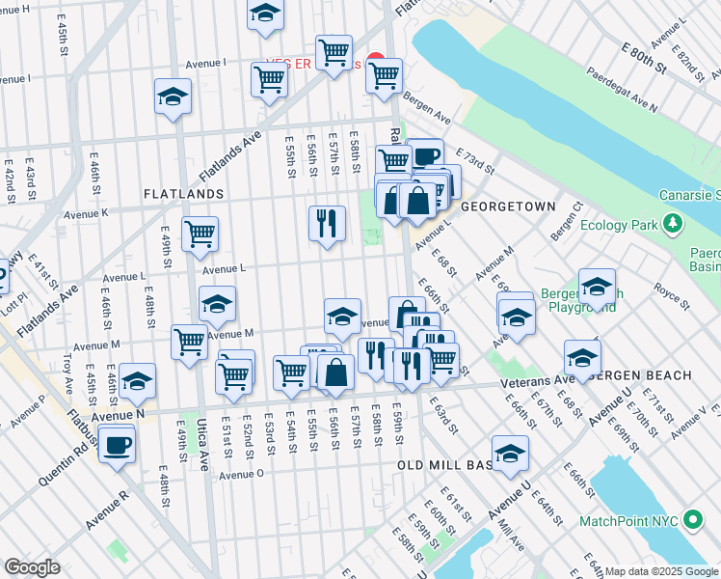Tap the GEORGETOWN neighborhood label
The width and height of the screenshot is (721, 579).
508,207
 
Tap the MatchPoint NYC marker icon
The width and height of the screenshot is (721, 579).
692,521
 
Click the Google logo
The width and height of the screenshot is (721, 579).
32,567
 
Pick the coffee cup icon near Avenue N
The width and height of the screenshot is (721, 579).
118,445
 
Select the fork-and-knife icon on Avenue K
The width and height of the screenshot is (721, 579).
327,223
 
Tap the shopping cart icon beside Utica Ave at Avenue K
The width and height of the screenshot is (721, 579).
200,233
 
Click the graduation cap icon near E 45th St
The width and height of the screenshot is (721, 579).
138,381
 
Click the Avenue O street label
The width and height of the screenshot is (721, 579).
241,474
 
